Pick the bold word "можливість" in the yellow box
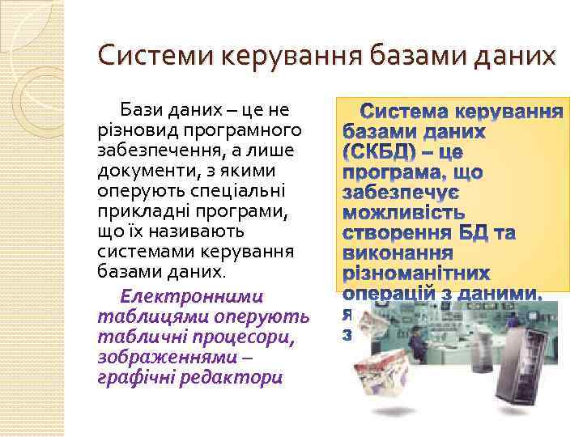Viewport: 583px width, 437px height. [404, 214]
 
